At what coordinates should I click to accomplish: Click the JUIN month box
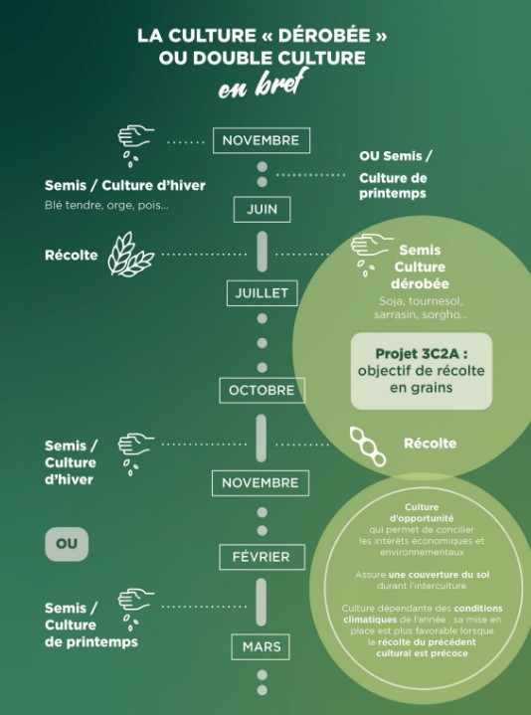point(263,209)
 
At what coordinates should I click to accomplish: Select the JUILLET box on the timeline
point(262,293)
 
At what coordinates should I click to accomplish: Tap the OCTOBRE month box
point(262,391)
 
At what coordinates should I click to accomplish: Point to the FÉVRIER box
point(262,557)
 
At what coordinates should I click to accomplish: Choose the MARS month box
point(261,646)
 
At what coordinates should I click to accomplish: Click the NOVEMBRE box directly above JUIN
point(262,140)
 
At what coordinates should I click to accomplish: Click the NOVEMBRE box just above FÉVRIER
point(261,483)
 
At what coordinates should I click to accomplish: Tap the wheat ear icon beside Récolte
point(130,254)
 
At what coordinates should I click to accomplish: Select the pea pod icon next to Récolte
point(367,447)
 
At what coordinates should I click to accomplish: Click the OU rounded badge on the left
point(67,544)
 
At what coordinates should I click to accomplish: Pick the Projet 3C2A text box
point(422,371)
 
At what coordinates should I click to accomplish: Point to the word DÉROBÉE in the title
point(324,36)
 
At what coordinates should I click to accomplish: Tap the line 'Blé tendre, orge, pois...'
point(106,205)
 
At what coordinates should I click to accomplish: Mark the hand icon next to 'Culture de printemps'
point(136,606)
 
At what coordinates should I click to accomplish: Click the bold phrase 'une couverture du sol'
point(439,575)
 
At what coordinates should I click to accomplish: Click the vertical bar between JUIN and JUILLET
point(263,252)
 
